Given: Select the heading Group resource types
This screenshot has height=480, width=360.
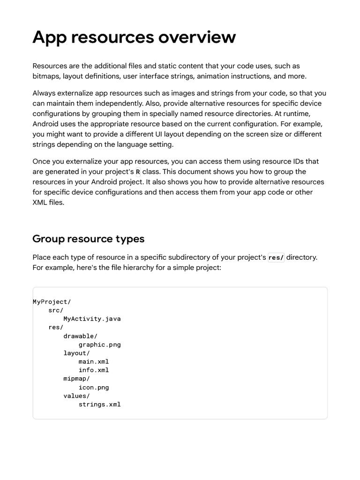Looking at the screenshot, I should (88, 239).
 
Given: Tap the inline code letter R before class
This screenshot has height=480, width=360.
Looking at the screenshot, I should (138, 172).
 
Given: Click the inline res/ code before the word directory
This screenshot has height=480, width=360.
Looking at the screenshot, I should (276, 257).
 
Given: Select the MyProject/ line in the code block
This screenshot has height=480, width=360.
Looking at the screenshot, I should (52, 302).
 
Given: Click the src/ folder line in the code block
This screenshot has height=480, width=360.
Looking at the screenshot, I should (56, 310).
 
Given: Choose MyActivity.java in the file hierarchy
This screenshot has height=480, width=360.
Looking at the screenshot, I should (92, 319).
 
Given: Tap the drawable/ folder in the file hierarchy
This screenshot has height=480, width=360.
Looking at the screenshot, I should (81, 336).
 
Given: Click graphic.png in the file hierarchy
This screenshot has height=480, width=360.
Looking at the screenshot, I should (99, 345).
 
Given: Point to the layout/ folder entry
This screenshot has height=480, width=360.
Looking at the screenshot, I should (77, 353).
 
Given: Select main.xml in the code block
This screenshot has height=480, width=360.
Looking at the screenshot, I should (94, 361).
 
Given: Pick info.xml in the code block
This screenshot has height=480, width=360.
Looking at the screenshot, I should (94, 370).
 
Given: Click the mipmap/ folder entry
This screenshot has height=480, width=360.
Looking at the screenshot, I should (77, 378).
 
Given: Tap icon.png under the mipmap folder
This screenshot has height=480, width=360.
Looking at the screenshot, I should (94, 387).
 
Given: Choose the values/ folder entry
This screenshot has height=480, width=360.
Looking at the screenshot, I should (77, 396).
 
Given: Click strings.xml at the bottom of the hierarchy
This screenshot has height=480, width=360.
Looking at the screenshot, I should (99, 404).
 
